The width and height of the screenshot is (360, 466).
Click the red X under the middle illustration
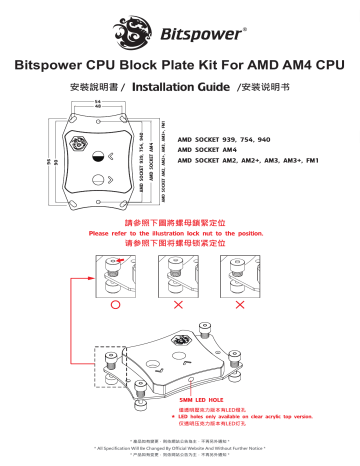180,301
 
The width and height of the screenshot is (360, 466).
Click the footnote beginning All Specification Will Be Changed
180,446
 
